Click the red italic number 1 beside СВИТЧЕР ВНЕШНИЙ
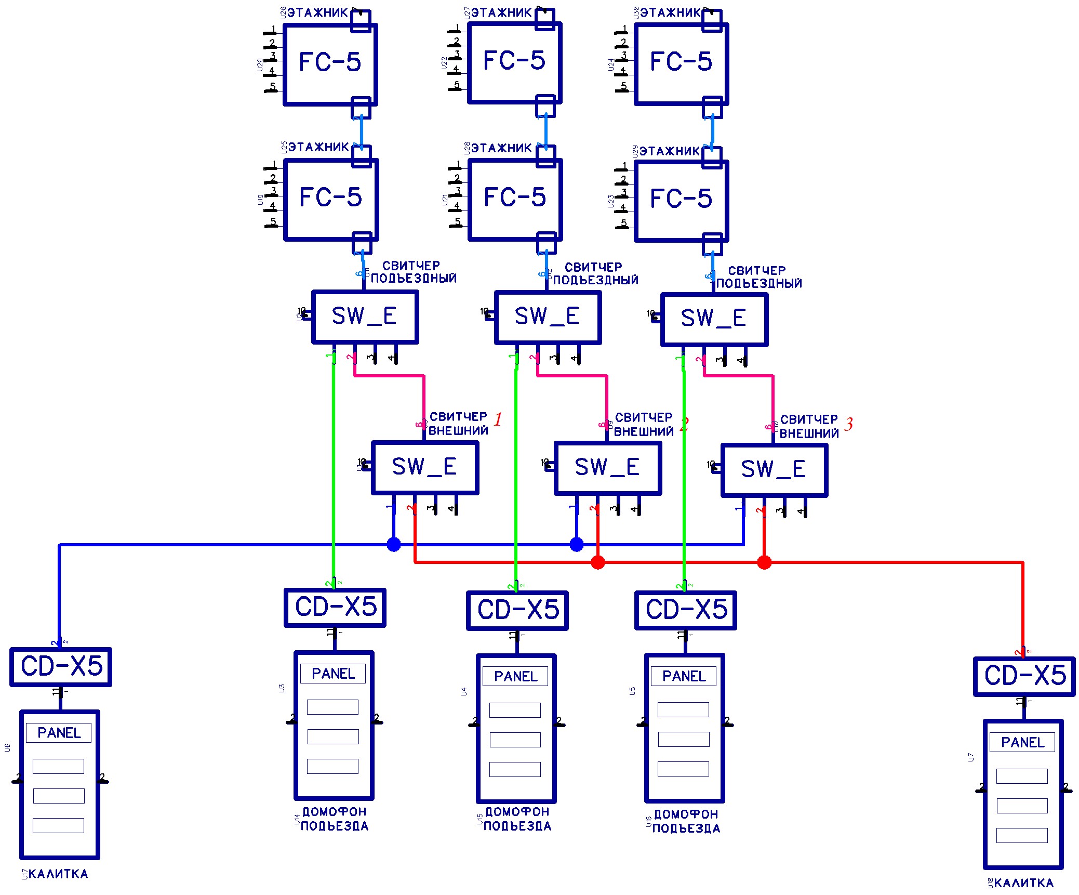(x=498, y=419)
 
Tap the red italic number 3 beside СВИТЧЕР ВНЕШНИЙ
(x=848, y=424)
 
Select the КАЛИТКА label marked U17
(x=58, y=874)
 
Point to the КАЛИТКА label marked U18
(x=1023, y=883)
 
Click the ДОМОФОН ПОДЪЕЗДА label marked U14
(x=335, y=819)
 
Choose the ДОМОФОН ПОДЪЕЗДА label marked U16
(x=686, y=821)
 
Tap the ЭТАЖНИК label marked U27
(x=501, y=12)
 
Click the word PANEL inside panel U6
(x=59, y=733)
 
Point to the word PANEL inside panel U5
(x=684, y=676)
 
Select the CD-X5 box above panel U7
(x=1024, y=676)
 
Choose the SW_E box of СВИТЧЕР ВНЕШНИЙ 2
(x=608, y=468)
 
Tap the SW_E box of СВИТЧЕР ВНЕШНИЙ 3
(x=774, y=470)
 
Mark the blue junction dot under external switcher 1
(x=394, y=545)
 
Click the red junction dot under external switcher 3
(x=764, y=562)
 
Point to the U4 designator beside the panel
(x=464, y=692)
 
